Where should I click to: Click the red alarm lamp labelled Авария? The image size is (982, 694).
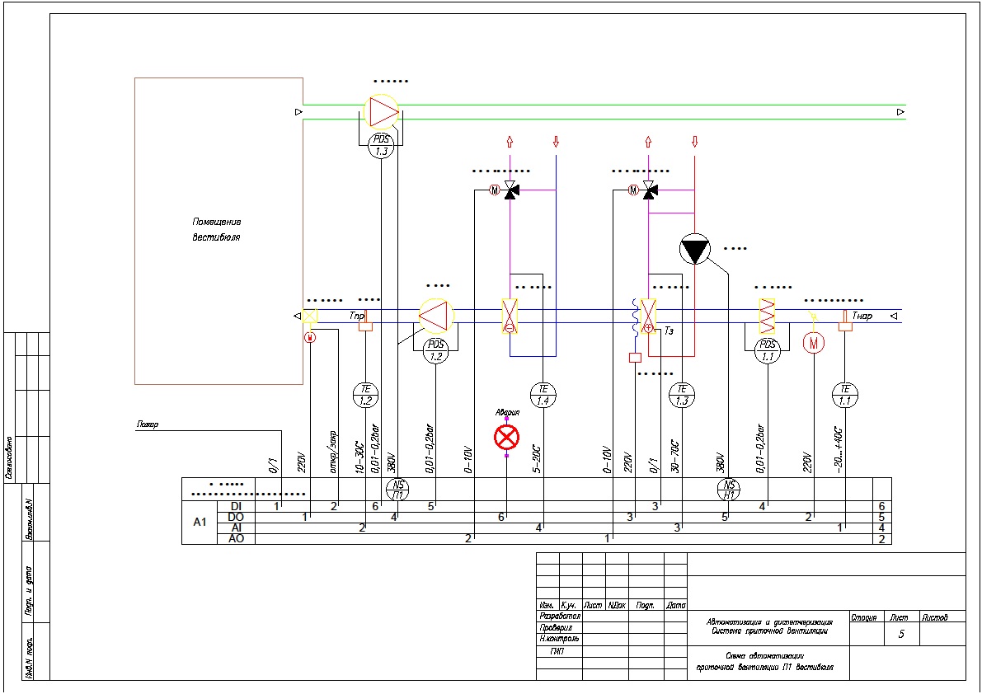(x=506, y=437)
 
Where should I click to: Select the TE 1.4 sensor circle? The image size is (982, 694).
(x=543, y=395)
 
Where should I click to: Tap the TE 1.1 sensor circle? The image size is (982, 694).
(x=844, y=395)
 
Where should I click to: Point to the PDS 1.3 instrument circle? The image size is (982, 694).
(x=381, y=146)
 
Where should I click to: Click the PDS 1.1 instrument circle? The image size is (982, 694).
(x=768, y=350)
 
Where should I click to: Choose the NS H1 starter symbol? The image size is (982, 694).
(x=729, y=490)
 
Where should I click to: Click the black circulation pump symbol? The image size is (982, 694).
(x=694, y=250)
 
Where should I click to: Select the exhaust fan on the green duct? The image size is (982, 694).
(x=381, y=110)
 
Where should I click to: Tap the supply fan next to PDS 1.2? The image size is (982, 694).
(x=436, y=316)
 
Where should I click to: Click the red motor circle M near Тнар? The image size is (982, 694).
(x=814, y=341)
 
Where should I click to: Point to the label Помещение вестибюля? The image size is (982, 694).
(x=217, y=230)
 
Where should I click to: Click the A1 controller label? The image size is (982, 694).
(x=199, y=522)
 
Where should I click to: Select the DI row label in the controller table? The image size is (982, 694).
(x=236, y=505)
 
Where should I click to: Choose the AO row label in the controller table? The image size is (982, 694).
(x=236, y=539)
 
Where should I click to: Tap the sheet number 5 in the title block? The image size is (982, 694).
(x=901, y=634)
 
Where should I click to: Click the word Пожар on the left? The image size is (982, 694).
(x=148, y=425)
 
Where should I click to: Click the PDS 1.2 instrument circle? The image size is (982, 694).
(x=436, y=350)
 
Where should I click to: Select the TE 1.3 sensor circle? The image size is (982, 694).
(x=682, y=395)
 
